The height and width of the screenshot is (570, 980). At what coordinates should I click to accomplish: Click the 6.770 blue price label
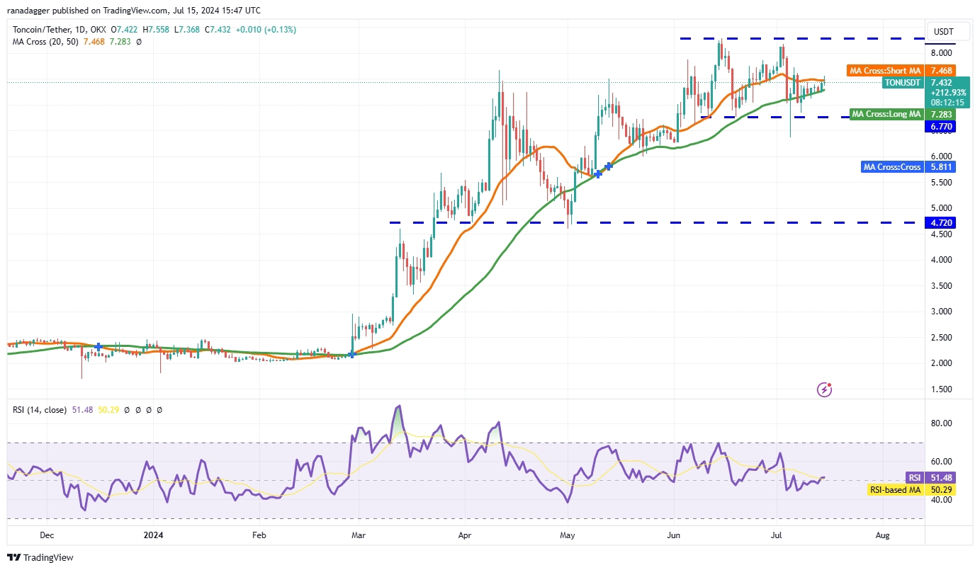click(x=943, y=127)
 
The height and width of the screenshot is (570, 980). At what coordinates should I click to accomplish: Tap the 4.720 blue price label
click(x=943, y=222)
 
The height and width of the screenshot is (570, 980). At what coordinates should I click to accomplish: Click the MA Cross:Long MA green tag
click(x=886, y=114)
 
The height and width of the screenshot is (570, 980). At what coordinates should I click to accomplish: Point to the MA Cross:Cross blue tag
click(x=891, y=167)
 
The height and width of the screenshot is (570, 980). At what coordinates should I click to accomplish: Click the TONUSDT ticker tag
click(x=902, y=83)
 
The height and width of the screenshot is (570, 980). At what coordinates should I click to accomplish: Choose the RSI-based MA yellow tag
click(x=895, y=490)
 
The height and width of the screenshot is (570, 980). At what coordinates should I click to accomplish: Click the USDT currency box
click(x=943, y=32)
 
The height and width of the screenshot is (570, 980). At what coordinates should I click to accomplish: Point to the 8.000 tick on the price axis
click(x=942, y=53)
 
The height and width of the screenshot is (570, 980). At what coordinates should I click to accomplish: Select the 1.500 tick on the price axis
click(x=942, y=389)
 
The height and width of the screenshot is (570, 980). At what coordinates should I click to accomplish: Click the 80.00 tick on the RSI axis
click(x=942, y=423)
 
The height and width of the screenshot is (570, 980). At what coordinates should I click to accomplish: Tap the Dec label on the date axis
click(x=48, y=536)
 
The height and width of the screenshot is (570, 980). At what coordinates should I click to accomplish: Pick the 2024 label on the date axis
click(x=154, y=536)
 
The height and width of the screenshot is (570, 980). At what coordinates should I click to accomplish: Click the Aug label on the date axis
click(x=882, y=536)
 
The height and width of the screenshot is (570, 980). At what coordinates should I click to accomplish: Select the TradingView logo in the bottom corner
click(x=41, y=557)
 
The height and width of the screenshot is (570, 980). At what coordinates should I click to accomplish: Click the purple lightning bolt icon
click(x=824, y=389)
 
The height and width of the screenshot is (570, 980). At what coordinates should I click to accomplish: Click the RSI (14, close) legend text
click(x=40, y=409)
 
